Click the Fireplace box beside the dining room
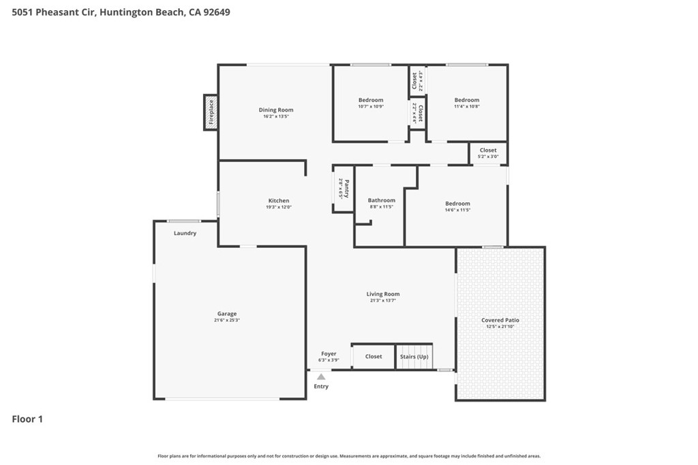pyautogui.click(x=211, y=112)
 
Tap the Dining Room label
pyautogui.click(x=276, y=110)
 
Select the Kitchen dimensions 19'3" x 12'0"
pyautogui.click(x=279, y=207)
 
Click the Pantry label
pyautogui.click(x=346, y=189)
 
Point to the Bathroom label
pyautogui.click(x=381, y=200)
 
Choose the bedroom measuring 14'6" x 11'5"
pyautogui.click(x=457, y=206)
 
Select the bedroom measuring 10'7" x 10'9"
pyautogui.click(x=371, y=103)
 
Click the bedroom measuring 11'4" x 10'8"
pyautogui.click(x=467, y=103)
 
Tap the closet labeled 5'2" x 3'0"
pyautogui.click(x=488, y=153)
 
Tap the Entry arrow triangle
pyautogui.click(x=321, y=376)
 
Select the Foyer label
pyautogui.click(x=329, y=354)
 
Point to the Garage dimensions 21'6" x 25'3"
pyautogui.click(x=227, y=320)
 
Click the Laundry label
pyautogui.click(x=185, y=233)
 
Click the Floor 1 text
pyautogui.click(x=27, y=419)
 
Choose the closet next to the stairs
pyautogui.click(x=374, y=356)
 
